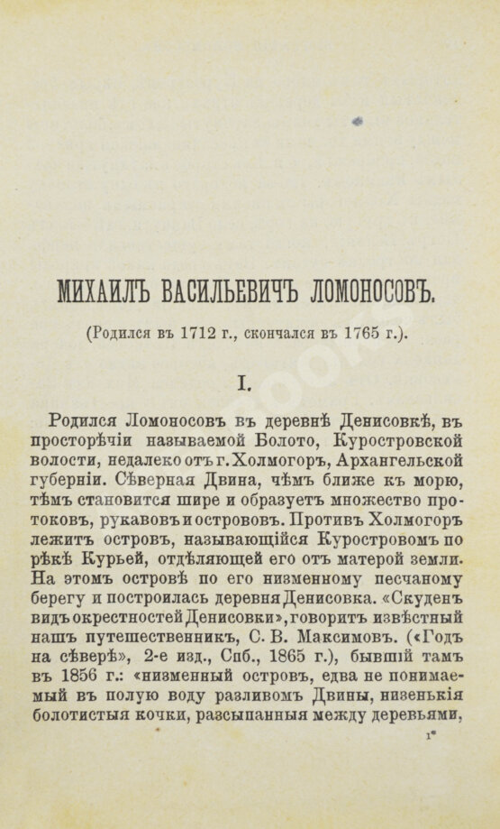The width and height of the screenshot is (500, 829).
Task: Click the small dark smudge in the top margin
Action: pos(358,121)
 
